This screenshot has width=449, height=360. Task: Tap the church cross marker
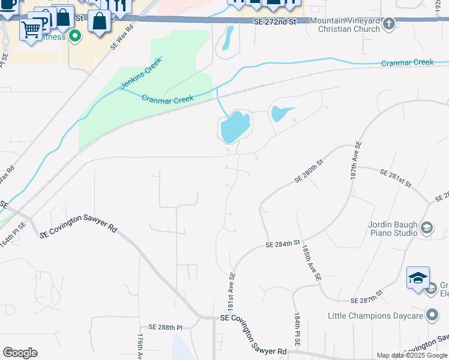[x=389, y=24]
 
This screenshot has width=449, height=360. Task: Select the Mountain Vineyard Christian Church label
[x=345, y=25]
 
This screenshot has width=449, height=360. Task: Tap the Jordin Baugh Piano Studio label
[x=393, y=229]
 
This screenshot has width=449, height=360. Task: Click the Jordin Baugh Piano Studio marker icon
[x=426, y=228]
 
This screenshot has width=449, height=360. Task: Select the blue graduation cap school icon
[x=418, y=278]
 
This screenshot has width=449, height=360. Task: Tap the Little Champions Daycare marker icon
[x=432, y=315]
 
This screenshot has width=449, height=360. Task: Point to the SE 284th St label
[x=283, y=244]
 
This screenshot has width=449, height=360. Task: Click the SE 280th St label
[x=309, y=171]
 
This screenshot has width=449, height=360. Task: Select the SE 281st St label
[x=395, y=178]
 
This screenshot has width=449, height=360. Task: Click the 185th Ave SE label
[x=312, y=262]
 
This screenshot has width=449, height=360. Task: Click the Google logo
[x=20, y=353]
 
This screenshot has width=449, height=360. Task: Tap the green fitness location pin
[x=74, y=37]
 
